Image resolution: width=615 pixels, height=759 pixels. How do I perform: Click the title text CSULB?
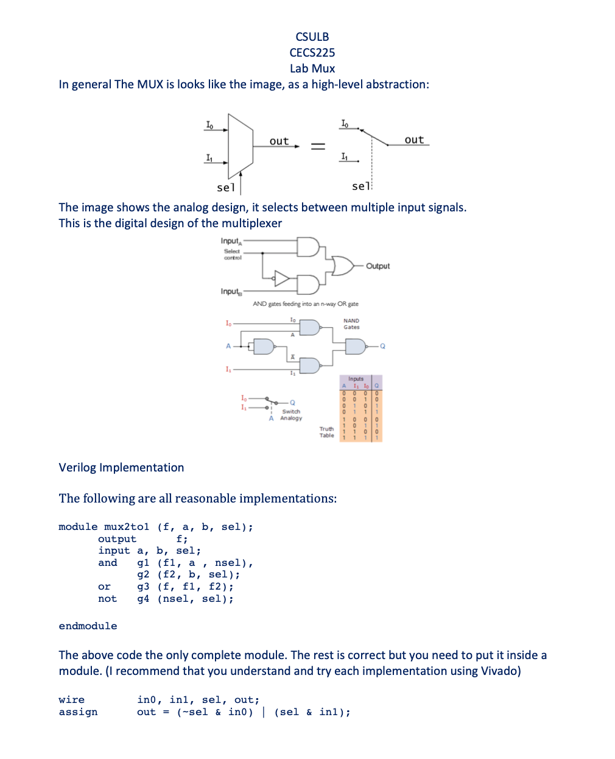312,37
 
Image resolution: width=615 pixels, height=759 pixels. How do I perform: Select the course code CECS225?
312,52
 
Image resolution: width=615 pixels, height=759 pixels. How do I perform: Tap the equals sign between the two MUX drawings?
318,146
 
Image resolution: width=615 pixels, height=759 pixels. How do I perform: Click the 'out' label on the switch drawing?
414,139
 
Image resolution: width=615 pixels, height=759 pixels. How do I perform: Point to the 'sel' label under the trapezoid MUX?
225,187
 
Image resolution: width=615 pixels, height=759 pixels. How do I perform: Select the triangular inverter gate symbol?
282,278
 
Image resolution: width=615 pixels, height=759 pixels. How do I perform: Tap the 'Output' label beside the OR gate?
378,266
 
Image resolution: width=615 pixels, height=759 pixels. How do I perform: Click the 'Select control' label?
232,255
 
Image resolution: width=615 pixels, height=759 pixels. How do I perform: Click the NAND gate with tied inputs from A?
264,347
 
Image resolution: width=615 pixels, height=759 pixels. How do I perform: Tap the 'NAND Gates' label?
351,324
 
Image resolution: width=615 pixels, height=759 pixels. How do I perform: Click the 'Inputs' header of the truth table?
356,379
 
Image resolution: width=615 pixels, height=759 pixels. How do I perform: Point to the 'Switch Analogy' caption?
291,415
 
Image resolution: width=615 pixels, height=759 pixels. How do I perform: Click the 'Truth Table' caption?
327,432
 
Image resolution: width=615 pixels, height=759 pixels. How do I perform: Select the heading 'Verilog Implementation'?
121,467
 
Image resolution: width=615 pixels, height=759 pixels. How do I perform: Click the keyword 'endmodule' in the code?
88,626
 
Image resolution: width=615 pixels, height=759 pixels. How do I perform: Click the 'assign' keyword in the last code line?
78,712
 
